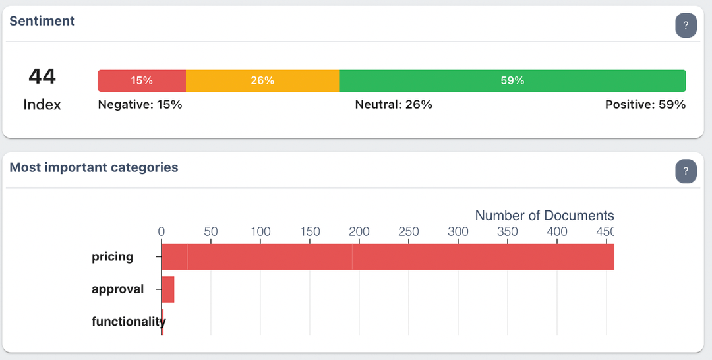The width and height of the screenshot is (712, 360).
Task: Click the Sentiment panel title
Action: [x=42, y=21]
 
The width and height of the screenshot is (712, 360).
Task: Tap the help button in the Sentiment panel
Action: [x=686, y=26]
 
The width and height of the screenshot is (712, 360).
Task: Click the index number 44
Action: [x=42, y=76]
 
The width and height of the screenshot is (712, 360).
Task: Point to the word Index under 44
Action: [x=42, y=104]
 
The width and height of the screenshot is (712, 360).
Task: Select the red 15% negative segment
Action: [x=142, y=80]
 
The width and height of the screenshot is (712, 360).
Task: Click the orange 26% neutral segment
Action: [x=262, y=80]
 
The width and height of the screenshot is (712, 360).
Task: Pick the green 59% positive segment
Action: [x=512, y=80]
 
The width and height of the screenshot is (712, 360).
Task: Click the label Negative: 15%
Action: [x=140, y=104]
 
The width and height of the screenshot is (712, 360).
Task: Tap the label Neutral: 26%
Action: [x=394, y=104]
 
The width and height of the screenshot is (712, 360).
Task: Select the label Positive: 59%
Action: [x=645, y=104]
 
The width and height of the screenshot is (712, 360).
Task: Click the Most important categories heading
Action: [x=94, y=167]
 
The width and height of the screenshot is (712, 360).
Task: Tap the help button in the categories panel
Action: [x=686, y=172]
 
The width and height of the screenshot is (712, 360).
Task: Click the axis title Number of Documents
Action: [x=545, y=216]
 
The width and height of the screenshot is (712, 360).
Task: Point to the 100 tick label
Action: [x=260, y=231]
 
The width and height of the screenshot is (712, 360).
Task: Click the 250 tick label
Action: [x=409, y=231]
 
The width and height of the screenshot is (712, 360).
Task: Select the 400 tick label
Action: [x=557, y=231]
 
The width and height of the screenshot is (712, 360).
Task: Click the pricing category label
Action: [x=112, y=256]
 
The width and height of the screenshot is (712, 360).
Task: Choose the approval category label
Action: [x=117, y=289]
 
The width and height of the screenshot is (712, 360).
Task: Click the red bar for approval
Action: [x=167, y=289]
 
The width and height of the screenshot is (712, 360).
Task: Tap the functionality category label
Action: [x=128, y=322]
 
